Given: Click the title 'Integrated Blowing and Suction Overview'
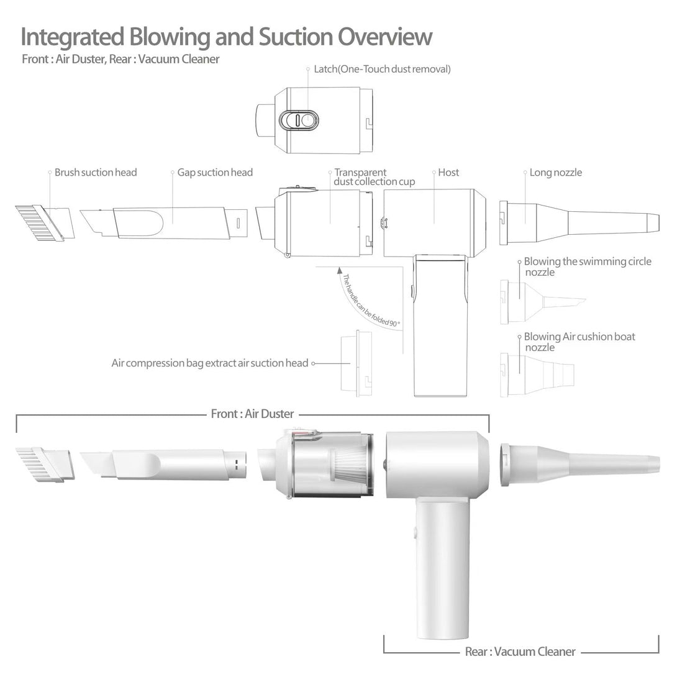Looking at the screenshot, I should pyautogui.click(x=226, y=37).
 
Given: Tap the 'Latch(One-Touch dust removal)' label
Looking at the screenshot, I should pyautogui.click(x=382, y=69).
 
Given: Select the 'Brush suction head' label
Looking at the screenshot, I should pyautogui.click(x=96, y=172).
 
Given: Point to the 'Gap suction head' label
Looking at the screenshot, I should pyautogui.click(x=215, y=172).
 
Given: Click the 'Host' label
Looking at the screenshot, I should pyautogui.click(x=448, y=172).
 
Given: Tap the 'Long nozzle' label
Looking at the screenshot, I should pyautogui.click(x=555, y=172).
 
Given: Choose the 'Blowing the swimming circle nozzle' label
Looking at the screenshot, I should pyautogui.click(x=587, y=267).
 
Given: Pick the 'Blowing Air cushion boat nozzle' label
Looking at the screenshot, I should pyautogui.click(x=579, y=342).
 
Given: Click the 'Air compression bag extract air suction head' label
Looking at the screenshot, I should pyautogui.click(x=209, y=363).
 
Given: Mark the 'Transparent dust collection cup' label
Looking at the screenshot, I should pyautogui.click(x=374, y=177).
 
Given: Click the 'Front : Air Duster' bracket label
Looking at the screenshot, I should pyautogui.click(x=252, y=414).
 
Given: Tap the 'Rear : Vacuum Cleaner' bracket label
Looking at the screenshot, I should pyautogui.click(x=520, y=652).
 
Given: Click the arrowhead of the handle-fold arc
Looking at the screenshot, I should pyautogui.click(x=339, y=271).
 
